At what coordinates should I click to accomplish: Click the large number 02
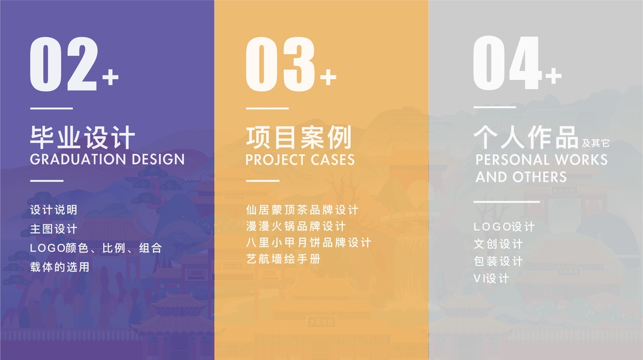[x=64, y=64]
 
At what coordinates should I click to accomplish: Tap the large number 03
[x=281, y=64]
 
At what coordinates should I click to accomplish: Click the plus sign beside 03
[x=328, y=77]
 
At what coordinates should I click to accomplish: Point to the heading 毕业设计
[x=82, y=137]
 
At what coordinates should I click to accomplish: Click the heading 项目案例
[x=299, y=137]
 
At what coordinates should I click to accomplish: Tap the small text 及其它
[x=596, y=143]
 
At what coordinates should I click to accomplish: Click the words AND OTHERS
[x=521, y=177]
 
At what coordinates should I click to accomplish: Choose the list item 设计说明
[x=54, y=210]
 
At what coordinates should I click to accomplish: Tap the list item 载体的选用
[x=60, y=267]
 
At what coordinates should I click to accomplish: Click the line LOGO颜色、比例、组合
[x=96, y=248]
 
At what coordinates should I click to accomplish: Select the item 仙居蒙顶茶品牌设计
[x=302, y=210]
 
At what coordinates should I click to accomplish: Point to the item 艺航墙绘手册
[x=283, y=259]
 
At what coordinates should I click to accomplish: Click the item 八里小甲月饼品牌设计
[x=309, y=242]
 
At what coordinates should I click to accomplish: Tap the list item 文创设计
[x=498, y=244]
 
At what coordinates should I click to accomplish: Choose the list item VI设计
[x=491, y=278]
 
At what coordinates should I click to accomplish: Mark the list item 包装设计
[x=498, y=261]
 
